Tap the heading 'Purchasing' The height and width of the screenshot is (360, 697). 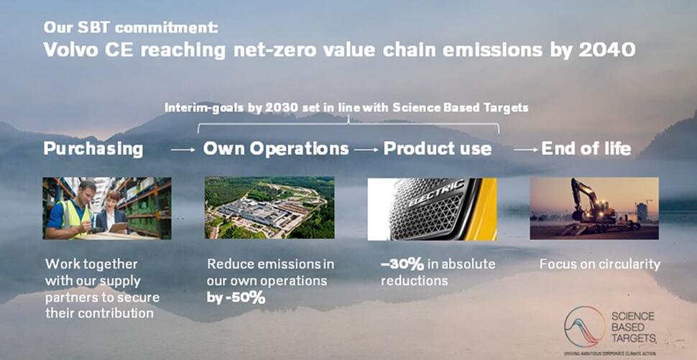93,149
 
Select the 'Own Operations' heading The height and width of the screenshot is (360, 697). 276,149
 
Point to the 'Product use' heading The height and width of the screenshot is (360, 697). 438,149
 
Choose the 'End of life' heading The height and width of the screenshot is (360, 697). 586,149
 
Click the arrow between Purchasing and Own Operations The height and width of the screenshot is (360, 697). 183,150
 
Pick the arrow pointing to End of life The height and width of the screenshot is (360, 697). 525,150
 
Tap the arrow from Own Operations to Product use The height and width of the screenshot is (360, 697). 366,150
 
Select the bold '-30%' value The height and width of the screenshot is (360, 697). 402,264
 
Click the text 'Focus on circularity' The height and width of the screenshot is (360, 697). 600,264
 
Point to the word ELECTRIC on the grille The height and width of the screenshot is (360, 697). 436,194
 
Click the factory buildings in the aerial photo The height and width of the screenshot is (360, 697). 254,213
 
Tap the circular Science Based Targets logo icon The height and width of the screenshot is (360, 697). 584,327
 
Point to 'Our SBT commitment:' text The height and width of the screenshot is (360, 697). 131,27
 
